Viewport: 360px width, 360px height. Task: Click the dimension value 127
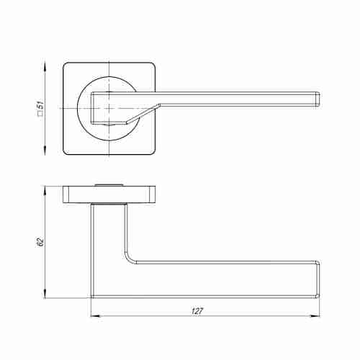coord(197,311)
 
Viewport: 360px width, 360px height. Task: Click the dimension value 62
coord(40,242)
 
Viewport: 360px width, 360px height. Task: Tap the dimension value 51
coord(40,105)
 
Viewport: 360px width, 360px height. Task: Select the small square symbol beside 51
coord(40,113)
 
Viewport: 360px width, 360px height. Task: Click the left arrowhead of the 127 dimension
coord(96,316)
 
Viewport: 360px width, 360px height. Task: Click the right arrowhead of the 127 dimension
coord(315,316)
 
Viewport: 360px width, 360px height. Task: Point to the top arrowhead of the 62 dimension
coord(45,191)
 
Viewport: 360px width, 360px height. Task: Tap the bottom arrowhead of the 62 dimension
coord(45,293)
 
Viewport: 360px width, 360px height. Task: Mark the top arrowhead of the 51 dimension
coord(45,67)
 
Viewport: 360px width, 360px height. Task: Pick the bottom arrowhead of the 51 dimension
coord(45,150)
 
